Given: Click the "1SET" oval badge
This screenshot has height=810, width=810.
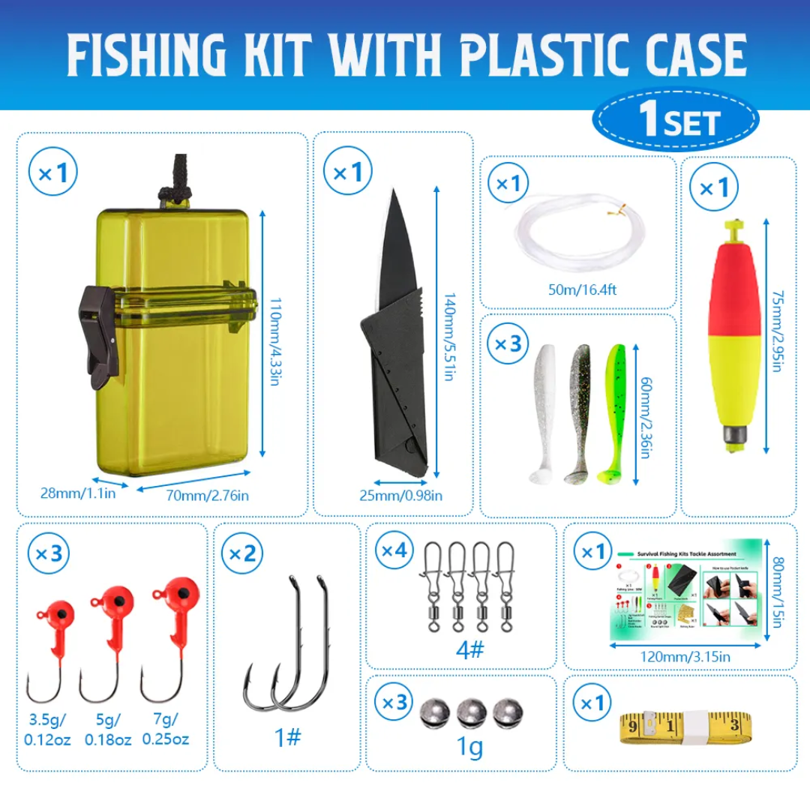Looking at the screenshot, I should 676,120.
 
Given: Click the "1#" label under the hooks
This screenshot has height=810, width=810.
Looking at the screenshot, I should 287,737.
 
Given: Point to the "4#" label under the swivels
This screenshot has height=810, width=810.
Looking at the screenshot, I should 470,648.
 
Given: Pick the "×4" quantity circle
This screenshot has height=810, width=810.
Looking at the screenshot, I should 394,551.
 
